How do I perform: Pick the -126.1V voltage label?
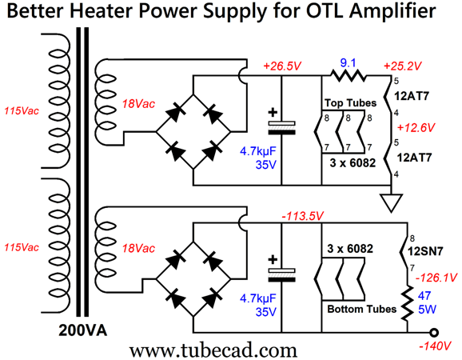pyautogui.click(x=436, y=278)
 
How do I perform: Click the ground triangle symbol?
pyautogui.click(x=388, y=205)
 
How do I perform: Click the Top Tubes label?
pyautogui.click(x=349, y=104)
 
